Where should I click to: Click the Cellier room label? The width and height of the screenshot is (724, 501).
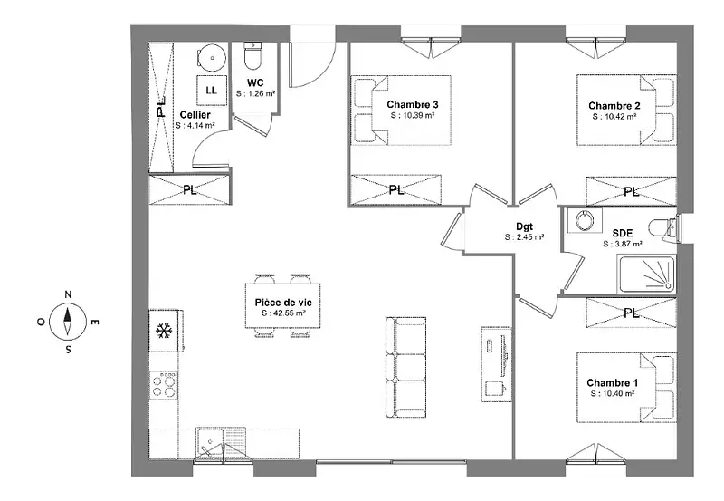pyautogui.click(x=195, y=115)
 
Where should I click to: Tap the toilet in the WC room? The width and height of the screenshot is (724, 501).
pyautogui.click(x=252, y=54)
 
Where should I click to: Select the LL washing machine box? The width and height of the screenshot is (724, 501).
pyautogui.click(x=212, y=90)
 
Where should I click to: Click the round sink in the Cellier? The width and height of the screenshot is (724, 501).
pyautogui.click(x=212, y=58)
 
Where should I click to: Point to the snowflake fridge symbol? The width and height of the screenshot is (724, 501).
pyautogui.click(x=164, y=331)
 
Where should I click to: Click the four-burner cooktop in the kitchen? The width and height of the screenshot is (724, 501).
pyautogui.click(x=164, y=385)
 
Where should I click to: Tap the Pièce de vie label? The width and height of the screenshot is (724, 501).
pyautogui.click(x=283, y=303)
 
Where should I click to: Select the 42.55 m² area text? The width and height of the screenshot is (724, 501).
pyautogui.click(x=283, y=313)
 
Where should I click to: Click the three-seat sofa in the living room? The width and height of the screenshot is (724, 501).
pyautogui.click(x=405, y=367)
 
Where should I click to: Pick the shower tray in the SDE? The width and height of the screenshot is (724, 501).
pyautogui.click(x=646, y=275)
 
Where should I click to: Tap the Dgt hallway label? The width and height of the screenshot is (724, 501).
pyautogui.click(x=524, y=226)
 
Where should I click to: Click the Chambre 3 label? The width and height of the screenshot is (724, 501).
pyautogui.click(x=413, y=104)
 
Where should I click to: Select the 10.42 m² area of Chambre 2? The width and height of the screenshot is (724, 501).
pyautogui.click(x=614, y=117)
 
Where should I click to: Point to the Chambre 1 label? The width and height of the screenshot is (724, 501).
pyautogui.click(x=613, y=382)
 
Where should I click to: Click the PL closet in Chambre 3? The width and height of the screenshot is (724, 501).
pyautogui.click(x=396, y=189)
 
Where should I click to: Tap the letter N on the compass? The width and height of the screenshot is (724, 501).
pyautogui.click(x=68, y=294)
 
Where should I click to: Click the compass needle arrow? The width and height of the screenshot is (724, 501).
pyautogui.click(x=68, y=321)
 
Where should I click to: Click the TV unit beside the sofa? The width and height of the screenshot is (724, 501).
pyautogui.click(x=496, y=364)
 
